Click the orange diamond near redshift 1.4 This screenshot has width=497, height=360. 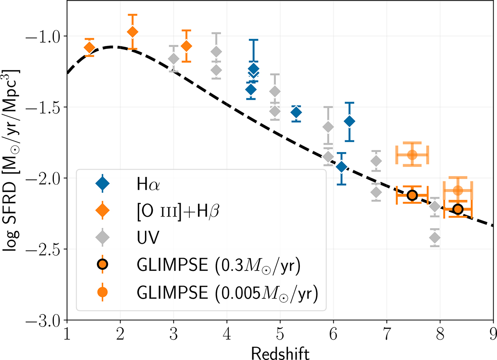(x=89, y=48)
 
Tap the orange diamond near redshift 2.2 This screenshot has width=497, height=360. (x=132, y=32)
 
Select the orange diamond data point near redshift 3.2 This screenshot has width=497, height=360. (x=186, y=46)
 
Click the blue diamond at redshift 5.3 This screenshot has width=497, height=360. (x=296, y=113)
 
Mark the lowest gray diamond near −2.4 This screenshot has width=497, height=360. (x=435, y=238)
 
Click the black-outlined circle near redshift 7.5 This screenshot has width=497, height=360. (x=412, y=195)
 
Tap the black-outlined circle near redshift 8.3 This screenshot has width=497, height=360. (x=458, y=209)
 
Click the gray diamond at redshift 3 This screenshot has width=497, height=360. (x=174, y=59)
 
